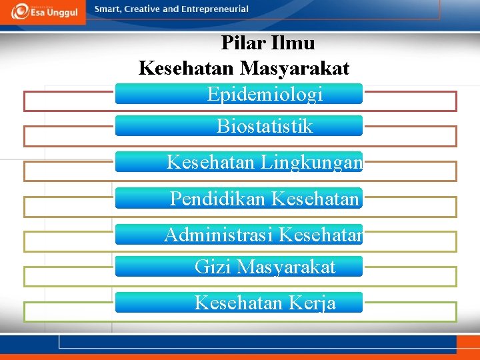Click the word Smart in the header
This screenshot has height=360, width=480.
[108, 9]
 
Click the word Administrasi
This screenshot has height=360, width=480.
[219, 235]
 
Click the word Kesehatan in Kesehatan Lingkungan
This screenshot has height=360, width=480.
[211, 162]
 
